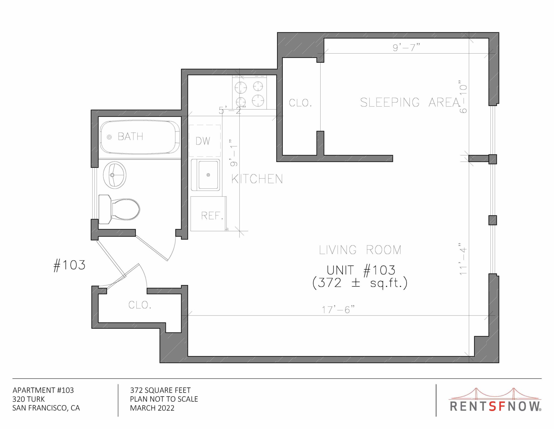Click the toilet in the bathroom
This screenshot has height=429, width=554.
[122, 209]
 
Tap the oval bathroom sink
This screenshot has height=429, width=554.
[115, 175]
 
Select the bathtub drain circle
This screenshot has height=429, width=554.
[109, 137]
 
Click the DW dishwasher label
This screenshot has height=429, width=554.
[203, 141]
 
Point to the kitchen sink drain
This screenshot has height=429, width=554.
[208, 175]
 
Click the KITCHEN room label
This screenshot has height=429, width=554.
[257, 179]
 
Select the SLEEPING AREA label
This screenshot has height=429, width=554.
[410, 102]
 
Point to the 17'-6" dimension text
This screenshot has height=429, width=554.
[338, 310]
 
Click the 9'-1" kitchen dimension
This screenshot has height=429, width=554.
[234, 153]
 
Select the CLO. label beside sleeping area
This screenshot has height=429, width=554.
[300, 103]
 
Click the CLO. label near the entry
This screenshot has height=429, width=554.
[140, 305]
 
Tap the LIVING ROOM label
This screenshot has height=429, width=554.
[360, 250]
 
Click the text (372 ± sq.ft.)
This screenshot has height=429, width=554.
[360, 283]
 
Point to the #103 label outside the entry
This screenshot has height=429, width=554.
[70, 265]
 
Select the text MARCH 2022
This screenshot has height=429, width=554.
[152, 408]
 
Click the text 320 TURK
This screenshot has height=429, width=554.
[28, 399]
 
